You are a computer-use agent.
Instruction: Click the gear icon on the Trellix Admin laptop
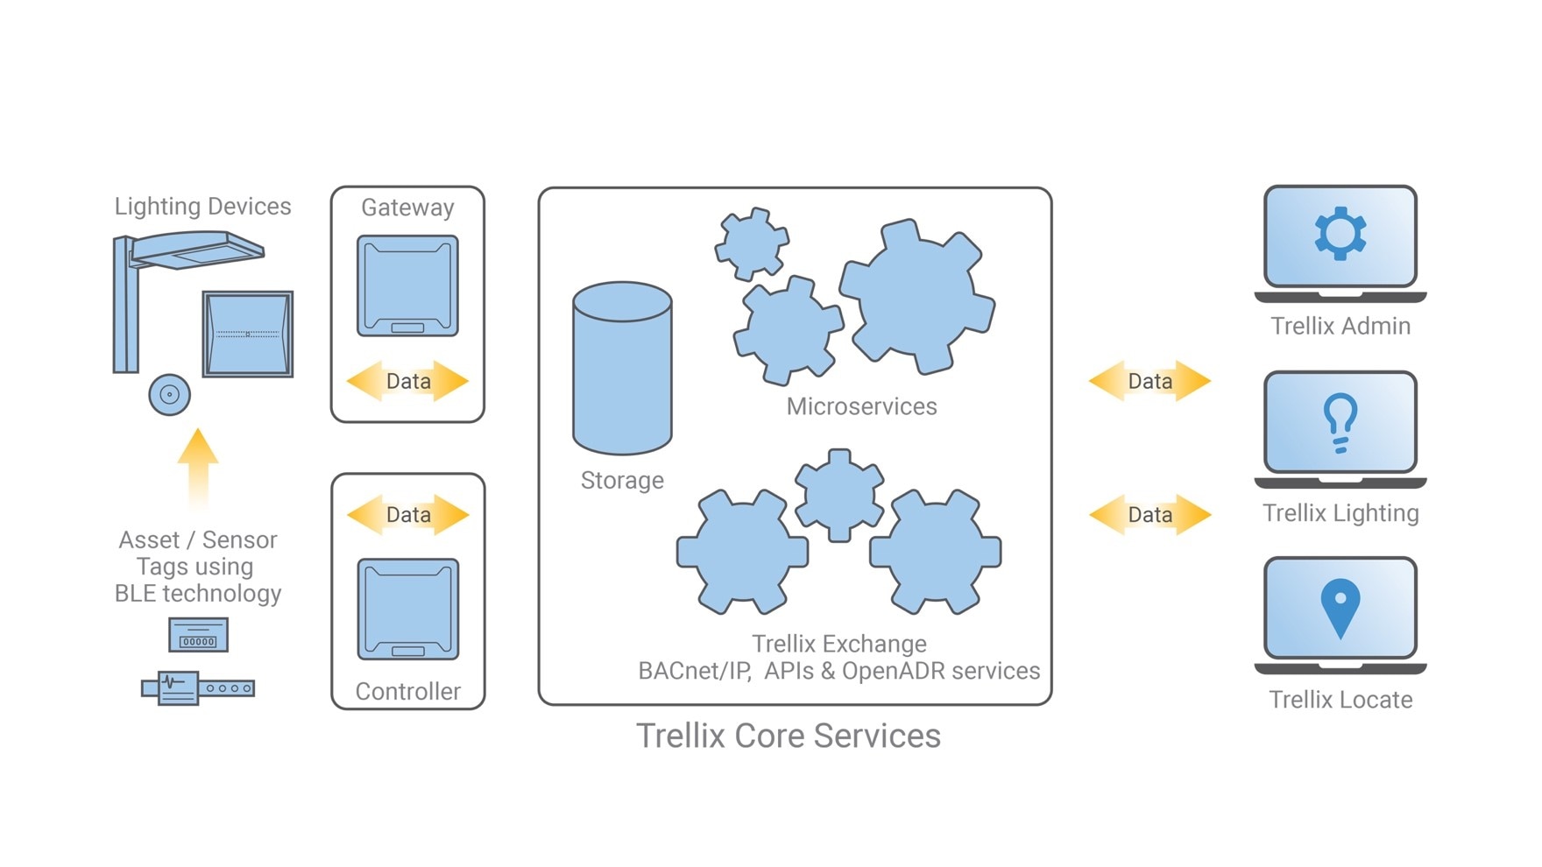1340,233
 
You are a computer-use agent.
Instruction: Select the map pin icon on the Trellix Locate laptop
1340,607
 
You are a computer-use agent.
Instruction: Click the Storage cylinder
622,368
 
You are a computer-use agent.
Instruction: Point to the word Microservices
861,406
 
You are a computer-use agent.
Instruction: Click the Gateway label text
407,208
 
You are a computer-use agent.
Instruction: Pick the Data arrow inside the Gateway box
407,381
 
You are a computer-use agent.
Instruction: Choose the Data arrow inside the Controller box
408,515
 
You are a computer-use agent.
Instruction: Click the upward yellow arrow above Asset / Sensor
198,464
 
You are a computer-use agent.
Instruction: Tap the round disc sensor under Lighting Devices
169,394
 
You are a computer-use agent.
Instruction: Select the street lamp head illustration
197,250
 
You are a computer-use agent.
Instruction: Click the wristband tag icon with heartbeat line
197,687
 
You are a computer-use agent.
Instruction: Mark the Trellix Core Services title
788,736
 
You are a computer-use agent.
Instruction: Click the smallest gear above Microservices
752,243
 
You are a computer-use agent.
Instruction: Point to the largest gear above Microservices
917,296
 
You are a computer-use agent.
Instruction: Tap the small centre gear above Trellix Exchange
838,496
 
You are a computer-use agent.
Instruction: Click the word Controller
407,691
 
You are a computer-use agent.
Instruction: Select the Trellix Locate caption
1340,700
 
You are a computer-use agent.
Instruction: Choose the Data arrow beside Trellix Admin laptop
1149,381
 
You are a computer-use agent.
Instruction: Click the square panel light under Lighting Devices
248,334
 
